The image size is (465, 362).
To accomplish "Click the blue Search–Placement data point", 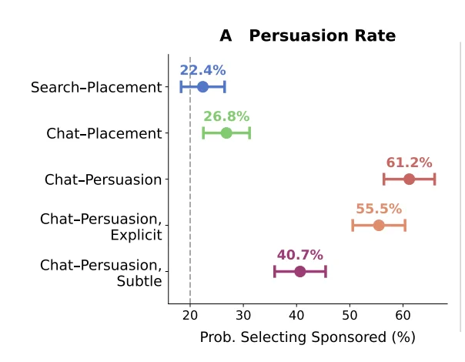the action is click(202, 87).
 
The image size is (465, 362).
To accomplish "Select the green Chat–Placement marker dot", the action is click(226, 133).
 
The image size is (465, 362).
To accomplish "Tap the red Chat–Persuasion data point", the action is click(410, 179).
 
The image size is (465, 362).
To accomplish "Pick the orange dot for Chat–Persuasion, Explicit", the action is click(379, 225).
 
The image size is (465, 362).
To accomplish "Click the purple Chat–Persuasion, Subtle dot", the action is click(300, 271).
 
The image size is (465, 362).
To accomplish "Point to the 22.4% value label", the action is click(202, 70).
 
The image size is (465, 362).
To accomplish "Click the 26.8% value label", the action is click(226, 116).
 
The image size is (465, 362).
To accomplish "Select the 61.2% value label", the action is click(410, 163).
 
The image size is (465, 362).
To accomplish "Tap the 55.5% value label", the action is click(379, 209).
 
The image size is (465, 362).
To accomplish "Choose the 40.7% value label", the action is click(300, 255).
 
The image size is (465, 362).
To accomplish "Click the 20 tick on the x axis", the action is click(190, 316).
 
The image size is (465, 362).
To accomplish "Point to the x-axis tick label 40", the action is click(296, 316).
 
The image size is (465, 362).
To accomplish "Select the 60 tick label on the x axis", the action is click(403, 316).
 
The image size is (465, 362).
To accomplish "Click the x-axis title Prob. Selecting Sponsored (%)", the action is click(307, 337).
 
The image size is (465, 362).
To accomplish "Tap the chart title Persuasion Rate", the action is click(323, 35).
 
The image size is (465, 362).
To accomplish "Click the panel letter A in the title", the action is click(226, 36).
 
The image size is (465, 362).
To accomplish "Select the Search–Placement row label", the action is click(96, 87).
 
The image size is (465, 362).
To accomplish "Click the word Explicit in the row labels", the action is click(136, 236).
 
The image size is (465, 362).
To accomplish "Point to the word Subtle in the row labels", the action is click(139, 281).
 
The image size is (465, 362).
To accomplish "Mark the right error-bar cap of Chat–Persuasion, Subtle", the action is click(326, 271).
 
